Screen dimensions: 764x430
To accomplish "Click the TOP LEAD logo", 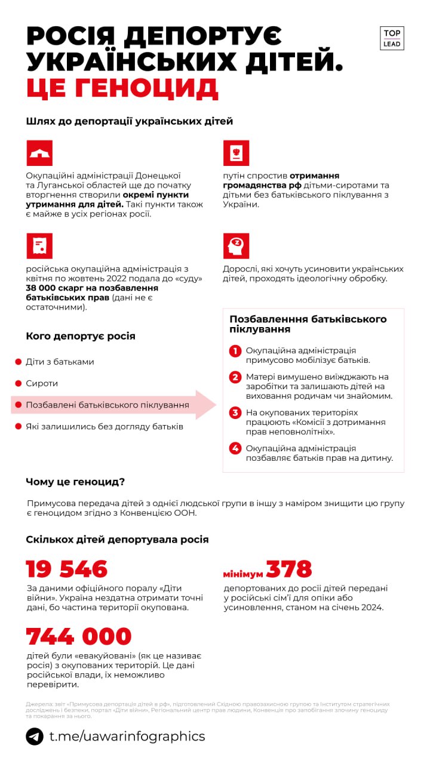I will (x=392, y=38).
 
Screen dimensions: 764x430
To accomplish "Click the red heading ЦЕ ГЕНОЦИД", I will (x=122, y=88).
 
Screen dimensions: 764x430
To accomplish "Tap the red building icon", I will (x=39, y=153).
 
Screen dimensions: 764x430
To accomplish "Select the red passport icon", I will (x=236, y=153).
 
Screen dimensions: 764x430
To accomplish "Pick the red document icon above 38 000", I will (x=39, y=246).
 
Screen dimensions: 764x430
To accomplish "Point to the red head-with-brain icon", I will (x=236, y=246).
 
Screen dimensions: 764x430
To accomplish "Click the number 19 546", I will (x=67, y=569).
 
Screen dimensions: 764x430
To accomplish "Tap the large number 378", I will (x=289, y=569).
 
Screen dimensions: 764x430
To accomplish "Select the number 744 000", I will (x=79, y=636).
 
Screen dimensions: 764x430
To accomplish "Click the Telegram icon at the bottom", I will (x=35, y=737).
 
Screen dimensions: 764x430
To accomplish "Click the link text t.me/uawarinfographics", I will (x=127, y=737).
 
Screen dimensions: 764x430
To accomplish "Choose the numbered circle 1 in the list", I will (x=235, y=351).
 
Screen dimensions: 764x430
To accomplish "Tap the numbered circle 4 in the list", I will (x=235, y=448).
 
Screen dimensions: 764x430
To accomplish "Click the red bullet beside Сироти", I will (x=18, y=383).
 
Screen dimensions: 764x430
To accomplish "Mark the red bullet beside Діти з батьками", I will (x=18, y=362).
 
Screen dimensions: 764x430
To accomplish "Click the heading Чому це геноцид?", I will (x=75, y=482).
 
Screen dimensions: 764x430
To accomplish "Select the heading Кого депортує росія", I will (x=81, y=336).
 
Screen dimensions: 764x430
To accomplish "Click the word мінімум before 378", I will (x=242, y=574).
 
